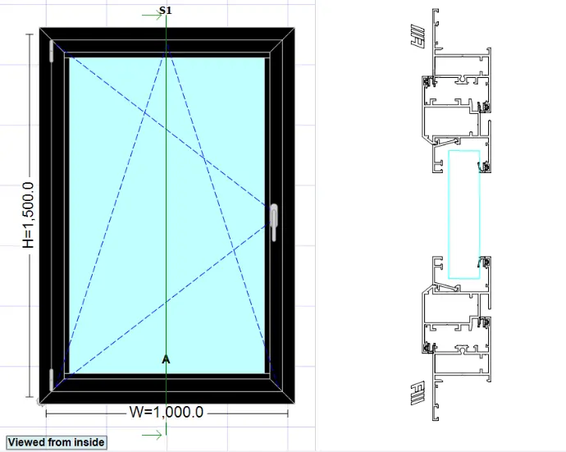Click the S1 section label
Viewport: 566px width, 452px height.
point(166,11)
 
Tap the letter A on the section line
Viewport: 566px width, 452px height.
point(166,359)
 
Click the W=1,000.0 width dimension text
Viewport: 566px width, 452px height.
point(166,412)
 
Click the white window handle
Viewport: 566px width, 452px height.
point(273,222)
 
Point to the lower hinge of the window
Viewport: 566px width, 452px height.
point(52,379)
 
